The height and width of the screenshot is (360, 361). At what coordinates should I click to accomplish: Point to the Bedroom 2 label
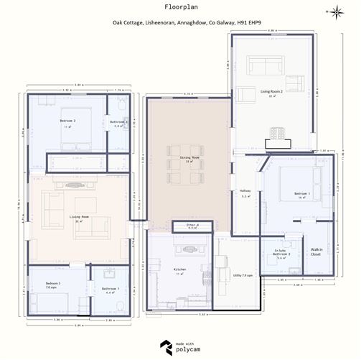click(x=68, y=121)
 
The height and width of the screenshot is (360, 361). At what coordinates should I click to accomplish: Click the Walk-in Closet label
click(x=317, y=251)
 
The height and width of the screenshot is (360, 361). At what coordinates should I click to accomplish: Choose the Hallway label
click(x=245, y=192)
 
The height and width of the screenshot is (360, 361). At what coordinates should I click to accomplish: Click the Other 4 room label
click(x=192, y=226)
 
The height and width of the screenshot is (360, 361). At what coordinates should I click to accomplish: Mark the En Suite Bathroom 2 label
click(x=281, y=253)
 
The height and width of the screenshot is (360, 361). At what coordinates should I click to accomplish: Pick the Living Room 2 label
click(x=271, y=93)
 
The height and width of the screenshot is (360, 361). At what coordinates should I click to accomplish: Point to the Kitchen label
click(x=179, y=272)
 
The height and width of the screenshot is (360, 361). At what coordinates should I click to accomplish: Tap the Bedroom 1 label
click(x=302, y=194)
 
